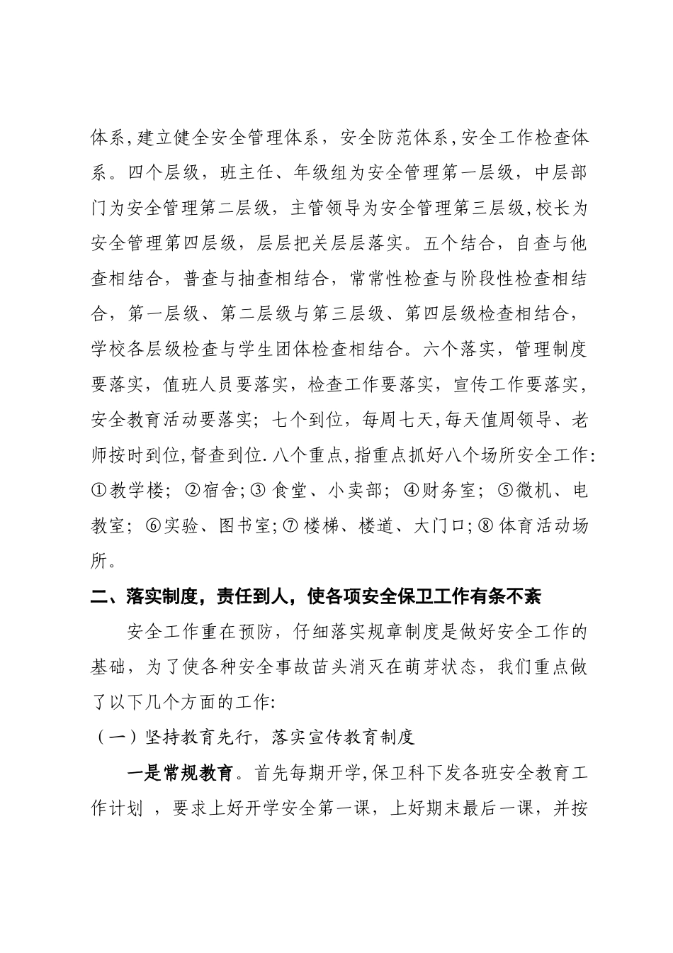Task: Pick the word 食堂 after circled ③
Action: click(288, 491)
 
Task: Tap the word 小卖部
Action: click(356, 491)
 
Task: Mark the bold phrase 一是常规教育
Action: click(181, 773)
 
